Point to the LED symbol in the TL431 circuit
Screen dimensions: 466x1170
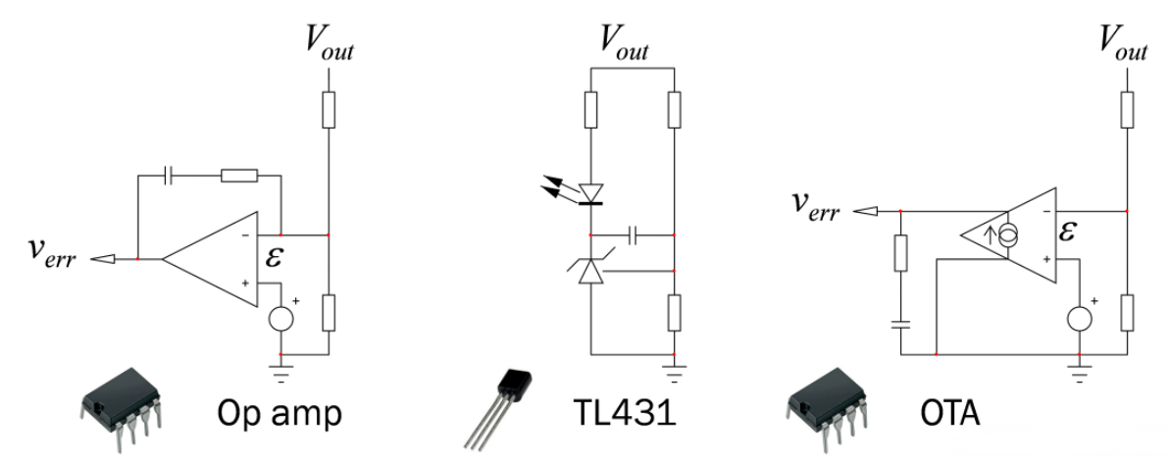pyautogui.click(x=590, y=193)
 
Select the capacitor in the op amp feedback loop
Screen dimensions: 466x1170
pyautogui.click(x=170, y=177)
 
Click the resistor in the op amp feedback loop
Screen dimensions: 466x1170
pyautogui.click(x=238, y=177)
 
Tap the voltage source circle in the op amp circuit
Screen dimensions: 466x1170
pyautogui.click(x=281, y=319)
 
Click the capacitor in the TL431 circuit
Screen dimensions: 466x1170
pyautogui.click(x=634, y=235)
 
